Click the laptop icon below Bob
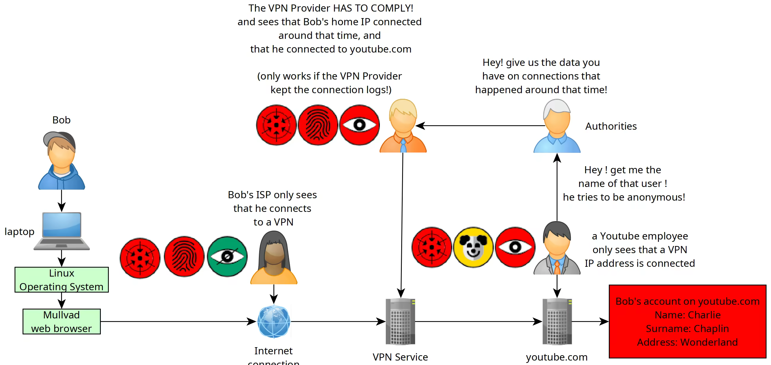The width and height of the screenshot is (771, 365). point(62,231)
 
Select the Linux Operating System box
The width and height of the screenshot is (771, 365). point(62,280)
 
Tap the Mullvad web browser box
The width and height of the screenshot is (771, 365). point(62,322)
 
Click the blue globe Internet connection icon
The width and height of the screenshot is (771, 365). point(274,322)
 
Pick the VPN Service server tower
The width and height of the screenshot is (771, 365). point(400,322)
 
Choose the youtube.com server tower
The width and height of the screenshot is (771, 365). point(557,322)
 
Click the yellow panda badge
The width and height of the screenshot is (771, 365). point(473,247)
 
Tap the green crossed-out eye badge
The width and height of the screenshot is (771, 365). point(227,257)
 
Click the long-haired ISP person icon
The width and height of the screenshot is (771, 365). point(274,258)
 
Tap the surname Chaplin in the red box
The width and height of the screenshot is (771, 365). point(711,328)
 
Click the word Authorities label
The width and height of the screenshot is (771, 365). point(611,126)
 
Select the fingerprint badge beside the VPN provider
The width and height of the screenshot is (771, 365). point(318,125)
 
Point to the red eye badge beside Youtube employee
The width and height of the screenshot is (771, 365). point(515,247)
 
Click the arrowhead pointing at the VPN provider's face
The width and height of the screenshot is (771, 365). point(420,126)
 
